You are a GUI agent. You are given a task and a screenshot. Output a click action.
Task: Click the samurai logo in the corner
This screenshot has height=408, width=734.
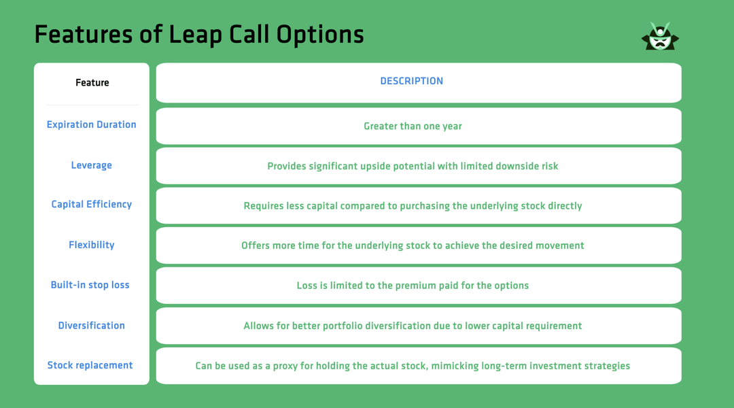pyautogui.click(x=659, y=37)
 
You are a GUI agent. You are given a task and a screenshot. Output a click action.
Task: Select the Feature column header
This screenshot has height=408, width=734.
pyautogui.click(x=92, y=83)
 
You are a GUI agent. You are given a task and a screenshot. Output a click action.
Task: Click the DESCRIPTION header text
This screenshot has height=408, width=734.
pyautogui.click(x=411, y=81)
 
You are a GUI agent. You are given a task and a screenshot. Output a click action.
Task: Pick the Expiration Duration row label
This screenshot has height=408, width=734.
pyautogui.click(x=91, y=124)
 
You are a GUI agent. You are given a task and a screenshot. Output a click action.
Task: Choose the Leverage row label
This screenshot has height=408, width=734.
pyautogui.click(x=91, y=165)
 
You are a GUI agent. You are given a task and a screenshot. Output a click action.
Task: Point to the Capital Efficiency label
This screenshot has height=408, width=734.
pyautogui.click(x=91, y=204)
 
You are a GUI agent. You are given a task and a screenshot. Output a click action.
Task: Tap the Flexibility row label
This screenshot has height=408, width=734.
pyautogui.click(x=91, y=245)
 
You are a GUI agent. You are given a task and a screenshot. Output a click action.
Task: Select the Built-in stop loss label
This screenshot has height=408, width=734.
pyautogui.click(x=90, y=285)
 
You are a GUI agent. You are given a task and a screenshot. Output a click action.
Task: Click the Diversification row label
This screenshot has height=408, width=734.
pyautogui.click(x=91, y=325)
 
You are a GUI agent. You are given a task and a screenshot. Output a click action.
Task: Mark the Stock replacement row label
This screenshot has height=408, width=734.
pyautogui.click(x=90, y=365)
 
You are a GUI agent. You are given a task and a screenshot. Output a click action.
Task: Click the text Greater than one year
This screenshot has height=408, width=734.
pyautogui.click(x=413, y=126)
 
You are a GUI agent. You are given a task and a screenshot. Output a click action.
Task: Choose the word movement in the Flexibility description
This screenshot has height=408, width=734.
pyautogui.click(x=560, y=245)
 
